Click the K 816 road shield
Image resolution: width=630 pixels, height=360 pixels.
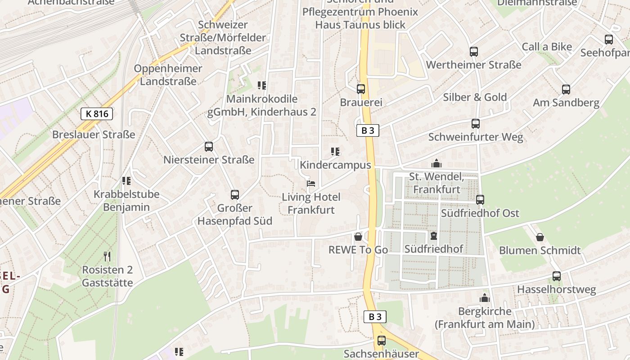[97, 114]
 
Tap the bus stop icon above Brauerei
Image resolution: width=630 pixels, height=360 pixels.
[361, 89]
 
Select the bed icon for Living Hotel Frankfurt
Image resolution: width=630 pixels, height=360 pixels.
[311, 184]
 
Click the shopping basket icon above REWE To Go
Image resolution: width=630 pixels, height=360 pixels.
[358, 236]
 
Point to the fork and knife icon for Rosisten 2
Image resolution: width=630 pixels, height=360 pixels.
[107, 256]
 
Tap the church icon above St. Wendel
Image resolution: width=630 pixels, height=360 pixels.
[436, 163]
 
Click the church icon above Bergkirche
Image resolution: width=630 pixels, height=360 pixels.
[484, 298]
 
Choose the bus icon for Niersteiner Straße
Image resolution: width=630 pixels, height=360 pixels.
[209, 147]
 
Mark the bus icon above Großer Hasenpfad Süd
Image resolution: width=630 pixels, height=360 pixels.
[235, 195]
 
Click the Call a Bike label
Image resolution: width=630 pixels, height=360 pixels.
[547, 47]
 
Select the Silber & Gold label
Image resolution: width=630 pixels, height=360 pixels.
[475, 97]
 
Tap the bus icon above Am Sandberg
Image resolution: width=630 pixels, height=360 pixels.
[566, 90]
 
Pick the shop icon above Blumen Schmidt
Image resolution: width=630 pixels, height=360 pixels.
[540, 237]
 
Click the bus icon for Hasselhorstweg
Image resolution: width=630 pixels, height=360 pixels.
[557, 276]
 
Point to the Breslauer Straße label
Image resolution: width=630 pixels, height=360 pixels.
[94, 135]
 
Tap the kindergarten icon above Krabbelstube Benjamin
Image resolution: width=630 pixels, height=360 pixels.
[126, 181]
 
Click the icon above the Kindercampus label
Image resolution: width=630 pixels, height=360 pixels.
[335, 152]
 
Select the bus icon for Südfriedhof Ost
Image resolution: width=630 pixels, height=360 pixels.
[480, 200]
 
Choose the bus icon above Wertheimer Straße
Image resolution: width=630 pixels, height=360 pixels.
[474, 52]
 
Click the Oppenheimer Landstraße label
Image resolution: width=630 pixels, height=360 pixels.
[168, 75]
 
